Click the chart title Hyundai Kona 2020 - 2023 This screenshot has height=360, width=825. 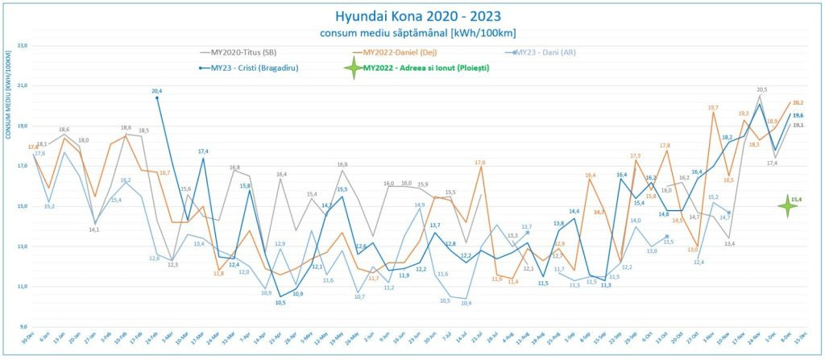coord(412,15)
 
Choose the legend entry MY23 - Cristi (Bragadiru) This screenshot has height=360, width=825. coord(254,68)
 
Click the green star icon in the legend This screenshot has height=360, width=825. coord(352,68)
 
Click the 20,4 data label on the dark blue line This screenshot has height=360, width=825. coord(157,92)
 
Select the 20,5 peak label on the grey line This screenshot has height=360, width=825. coord(761,90)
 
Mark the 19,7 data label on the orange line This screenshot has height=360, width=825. coord(713,108)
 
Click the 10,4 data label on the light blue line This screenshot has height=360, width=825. coord(466,303)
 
